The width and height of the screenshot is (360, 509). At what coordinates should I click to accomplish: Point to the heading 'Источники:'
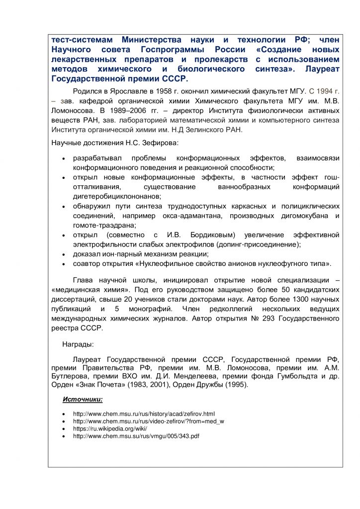point(83,399)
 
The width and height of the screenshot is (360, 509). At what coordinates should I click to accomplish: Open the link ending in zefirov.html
point(144,414)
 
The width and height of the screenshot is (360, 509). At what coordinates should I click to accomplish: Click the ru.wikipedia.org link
point(110,428)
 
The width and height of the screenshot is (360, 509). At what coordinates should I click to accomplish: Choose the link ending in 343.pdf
point(136,436)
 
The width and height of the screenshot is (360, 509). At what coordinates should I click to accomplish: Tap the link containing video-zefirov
point(148,421)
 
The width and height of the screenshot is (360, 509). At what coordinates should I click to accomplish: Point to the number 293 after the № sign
point(258,319)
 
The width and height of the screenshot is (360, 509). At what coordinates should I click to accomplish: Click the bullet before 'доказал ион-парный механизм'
point(62,254)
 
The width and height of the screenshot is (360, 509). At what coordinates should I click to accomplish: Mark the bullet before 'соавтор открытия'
point(62,263)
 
